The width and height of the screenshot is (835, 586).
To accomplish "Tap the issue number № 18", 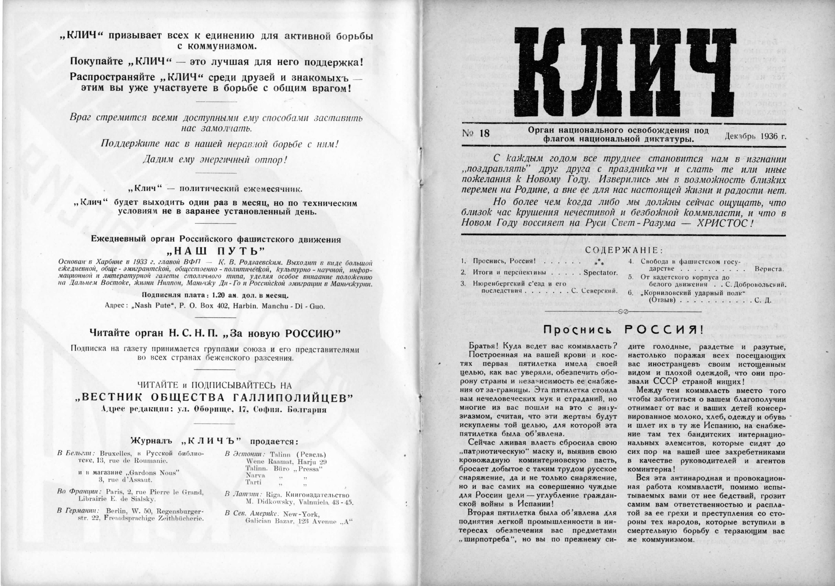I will click(476, 134).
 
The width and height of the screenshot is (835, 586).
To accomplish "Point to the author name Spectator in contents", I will click(600, 272).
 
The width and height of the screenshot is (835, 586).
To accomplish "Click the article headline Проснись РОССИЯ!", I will click(623, 330).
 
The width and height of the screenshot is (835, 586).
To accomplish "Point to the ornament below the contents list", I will click(623, 312).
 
